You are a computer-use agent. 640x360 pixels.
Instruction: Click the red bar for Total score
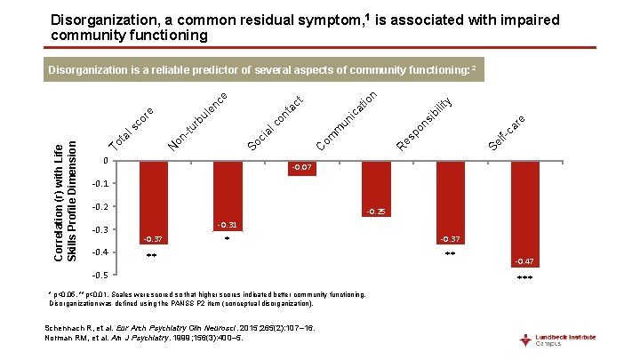click(153, 201)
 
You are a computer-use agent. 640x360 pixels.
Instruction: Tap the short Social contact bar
click(302, 167)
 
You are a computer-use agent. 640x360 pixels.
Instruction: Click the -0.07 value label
click(302, 167)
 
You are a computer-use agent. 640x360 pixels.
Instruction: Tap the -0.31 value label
click(228, 225)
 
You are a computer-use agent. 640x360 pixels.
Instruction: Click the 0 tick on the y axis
click(105, 161)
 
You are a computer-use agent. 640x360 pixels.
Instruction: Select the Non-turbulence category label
click(200, 120)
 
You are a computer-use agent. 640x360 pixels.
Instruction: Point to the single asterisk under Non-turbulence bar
click(228, 239)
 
